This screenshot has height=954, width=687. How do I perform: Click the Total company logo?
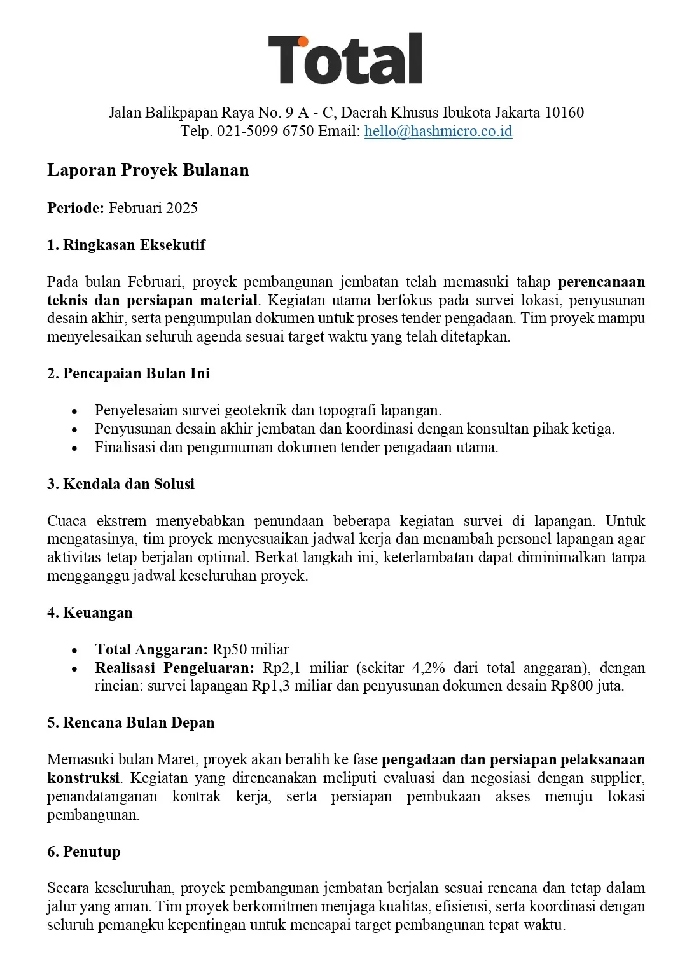click(x=345, y=59)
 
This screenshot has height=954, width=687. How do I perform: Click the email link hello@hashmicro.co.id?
click(x=438, y=132)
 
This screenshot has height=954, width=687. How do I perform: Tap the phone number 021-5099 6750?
click(x=265, y=132)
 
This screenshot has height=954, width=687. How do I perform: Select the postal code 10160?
click(x=564, y=113)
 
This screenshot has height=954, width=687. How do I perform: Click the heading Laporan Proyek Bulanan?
click(x=148, y=170)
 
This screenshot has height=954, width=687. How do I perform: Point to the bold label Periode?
click(x=75, y=208)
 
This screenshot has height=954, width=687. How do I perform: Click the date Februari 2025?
click(x=153, y=208)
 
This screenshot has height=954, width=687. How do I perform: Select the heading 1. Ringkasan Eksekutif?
click(x=126, y=245)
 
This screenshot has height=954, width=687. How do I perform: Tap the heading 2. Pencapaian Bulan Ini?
click(x=128, y=373)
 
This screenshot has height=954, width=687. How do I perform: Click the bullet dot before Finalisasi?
click(x=75, y=448)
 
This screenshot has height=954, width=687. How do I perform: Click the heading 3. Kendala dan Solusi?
click(x=121, y=484)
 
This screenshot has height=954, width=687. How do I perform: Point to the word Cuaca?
click(x=67, y=522)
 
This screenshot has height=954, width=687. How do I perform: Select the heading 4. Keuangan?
click(x=90, y=613)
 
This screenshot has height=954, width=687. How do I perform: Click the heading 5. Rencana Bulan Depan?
click(x=130, y=723)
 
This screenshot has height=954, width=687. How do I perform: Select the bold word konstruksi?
click(x=83, y=778)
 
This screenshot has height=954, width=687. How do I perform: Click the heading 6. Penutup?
click(x=83, y=852)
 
